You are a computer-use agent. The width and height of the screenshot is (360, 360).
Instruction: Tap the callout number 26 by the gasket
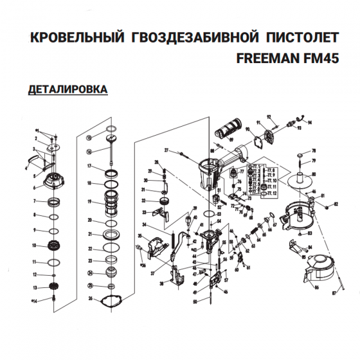click(x=91, y=298)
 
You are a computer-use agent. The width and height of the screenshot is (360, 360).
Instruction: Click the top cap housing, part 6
click(x=54, y=184)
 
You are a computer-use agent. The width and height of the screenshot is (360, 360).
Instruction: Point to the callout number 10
click(x=35, y=246)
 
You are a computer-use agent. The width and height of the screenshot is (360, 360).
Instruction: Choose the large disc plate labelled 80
click(x=300, y=182)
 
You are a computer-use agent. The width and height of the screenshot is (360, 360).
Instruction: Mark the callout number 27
click(x=166, y=150)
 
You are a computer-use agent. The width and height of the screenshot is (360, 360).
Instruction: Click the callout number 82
click(x=336, y=204)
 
